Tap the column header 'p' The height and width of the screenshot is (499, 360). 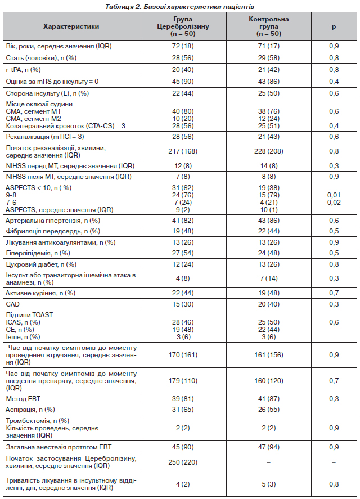coord(334,26)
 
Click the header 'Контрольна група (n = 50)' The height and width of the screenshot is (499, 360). coord(269,26)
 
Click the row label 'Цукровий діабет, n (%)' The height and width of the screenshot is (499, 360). coord(41,264)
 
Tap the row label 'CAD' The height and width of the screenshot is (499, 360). coord(13,304)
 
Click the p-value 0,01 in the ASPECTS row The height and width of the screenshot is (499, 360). coord(334,195)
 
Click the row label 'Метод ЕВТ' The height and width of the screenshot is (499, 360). coord(23,398)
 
